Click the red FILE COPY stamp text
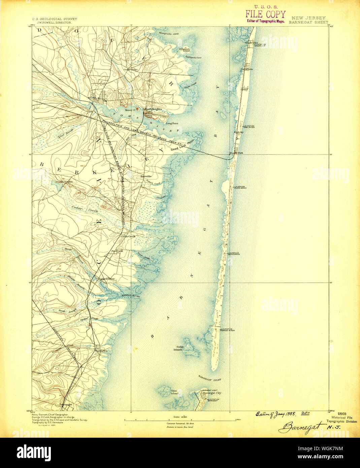point(265,14)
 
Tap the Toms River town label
point(97,98)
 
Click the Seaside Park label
point(236,153)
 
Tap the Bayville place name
point(146,176)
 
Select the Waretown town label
point(101,351)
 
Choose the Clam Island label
point(174,392)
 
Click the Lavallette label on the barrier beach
point(247,69)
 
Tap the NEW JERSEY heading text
point(308,18)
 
